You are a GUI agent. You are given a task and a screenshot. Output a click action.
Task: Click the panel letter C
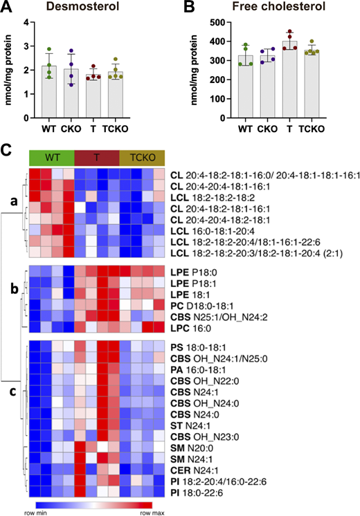point(6,149)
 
